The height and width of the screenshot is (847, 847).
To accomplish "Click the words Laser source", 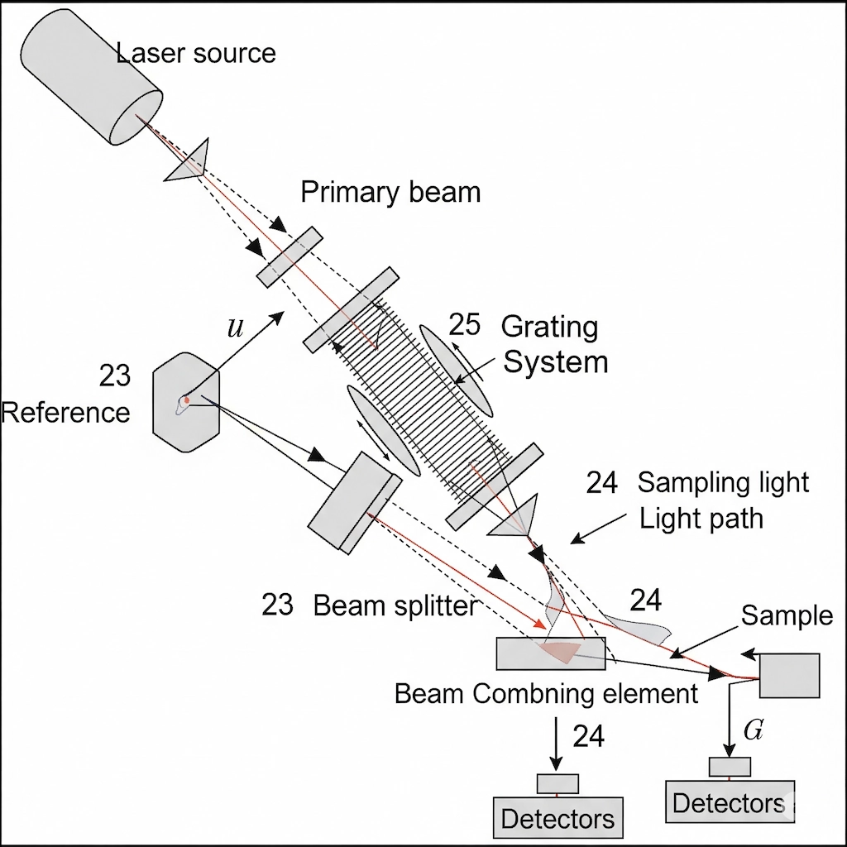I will click(x=196, y=54).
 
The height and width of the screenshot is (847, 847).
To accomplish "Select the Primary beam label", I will click(x=390, y=192).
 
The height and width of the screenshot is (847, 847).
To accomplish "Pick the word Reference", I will click(x=65, y=412).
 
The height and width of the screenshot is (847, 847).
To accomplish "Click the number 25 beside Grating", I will click(x=464, y=325).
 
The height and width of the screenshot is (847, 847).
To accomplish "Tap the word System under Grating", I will click(x=555, y=362).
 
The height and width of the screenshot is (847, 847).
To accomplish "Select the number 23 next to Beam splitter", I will click(x=278, y=605).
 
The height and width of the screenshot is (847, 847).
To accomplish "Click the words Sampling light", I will click(x=723, y=482).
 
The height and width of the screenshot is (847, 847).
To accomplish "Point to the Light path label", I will click(x=701, y=519).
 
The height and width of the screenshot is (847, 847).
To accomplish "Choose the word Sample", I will click(x=787, y=615).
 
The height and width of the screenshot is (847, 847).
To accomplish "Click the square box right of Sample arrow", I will click(x=789, y=676).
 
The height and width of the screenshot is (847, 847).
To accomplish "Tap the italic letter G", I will click(x=753, y=730).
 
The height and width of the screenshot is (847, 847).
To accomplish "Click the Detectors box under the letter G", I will click(x=729, y=802).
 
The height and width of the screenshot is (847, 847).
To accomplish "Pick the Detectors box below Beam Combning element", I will click(x=557, y=818).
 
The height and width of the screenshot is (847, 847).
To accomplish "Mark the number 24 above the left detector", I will click(x=588, y=735).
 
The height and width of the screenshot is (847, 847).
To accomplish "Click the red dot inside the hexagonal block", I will click(x=187, y=400).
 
